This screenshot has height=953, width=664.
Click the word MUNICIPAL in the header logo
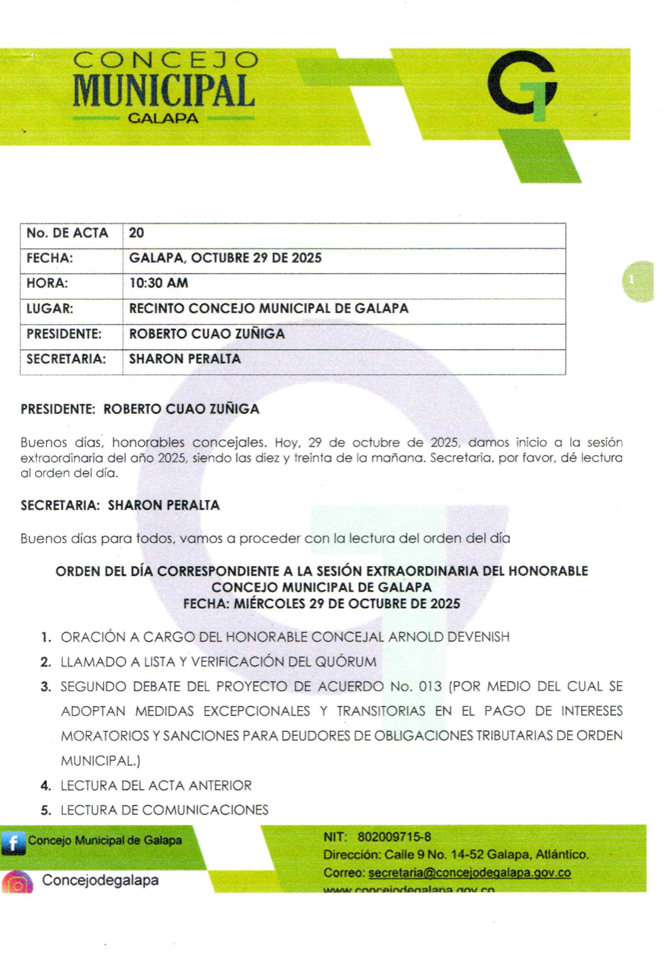(164, 91)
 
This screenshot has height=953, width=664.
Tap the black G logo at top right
(522, 85)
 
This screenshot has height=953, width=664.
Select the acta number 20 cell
(136, 233)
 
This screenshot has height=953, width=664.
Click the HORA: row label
(47, 283)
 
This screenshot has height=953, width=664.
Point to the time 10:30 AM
(159, 283)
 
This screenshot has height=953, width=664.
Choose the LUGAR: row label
(49, 308)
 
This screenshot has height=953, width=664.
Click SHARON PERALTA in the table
(185, 359)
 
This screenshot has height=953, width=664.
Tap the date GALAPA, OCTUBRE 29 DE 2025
(225, 258)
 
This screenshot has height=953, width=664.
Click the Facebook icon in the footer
(13, 842)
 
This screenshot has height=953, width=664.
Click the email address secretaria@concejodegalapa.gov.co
(469, 873)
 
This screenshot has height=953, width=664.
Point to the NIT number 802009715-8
(394, 837)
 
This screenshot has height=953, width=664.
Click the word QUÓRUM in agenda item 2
(345, 662)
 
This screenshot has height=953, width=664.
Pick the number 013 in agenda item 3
(430, 686)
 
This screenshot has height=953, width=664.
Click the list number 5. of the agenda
(45, 810)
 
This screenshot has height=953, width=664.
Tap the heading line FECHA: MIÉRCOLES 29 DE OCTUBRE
(321, 603)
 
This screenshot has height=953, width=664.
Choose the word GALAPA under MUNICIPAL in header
(163, 118)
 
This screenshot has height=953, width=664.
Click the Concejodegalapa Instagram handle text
(100, 880)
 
